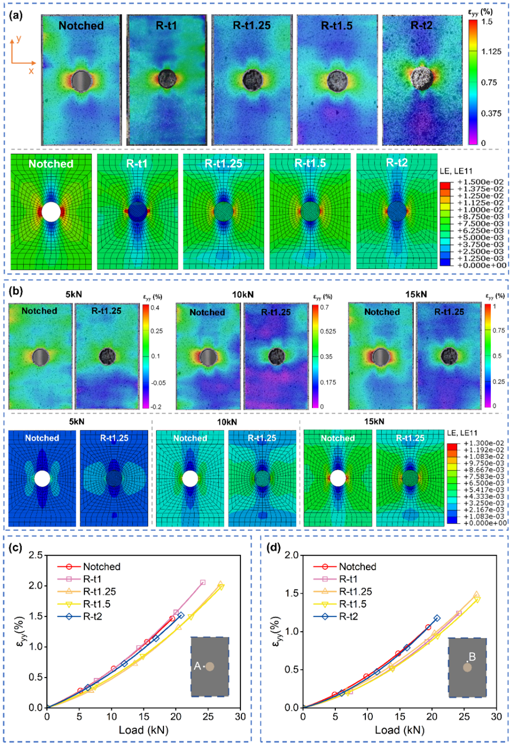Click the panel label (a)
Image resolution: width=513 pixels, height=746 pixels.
pos(16,15)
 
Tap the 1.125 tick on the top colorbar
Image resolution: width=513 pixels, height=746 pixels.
pos(491,52)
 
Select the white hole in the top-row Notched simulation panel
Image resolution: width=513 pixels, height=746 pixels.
pos(51,212)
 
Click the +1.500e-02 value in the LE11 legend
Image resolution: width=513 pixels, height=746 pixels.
pos(473,182)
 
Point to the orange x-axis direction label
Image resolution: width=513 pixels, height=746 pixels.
pos(31,71)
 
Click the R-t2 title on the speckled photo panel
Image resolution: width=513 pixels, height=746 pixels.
pos(421,25)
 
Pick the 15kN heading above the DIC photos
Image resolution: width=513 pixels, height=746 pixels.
pos(416,294)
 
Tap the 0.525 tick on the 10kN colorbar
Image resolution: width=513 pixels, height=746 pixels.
pos(328,331)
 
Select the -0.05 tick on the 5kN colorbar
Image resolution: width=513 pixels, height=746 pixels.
pos(158,383)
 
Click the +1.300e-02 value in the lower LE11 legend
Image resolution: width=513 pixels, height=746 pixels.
pos(476,444)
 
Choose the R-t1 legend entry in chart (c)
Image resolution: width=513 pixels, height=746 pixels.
pos(92,579)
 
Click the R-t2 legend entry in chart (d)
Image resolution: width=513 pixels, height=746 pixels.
pos(349,616)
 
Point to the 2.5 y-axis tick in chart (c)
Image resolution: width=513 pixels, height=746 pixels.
pos(36,555)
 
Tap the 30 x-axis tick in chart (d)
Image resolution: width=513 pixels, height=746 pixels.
pos(496,716)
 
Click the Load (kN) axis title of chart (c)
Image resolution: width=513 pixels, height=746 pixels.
pos(143,730)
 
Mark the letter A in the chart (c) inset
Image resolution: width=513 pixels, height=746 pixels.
pos(197,666)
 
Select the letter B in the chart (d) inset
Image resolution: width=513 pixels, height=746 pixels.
pos(472,657)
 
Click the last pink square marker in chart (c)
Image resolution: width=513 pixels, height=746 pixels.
pos(203,582)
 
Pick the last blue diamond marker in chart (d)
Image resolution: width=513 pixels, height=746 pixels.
pos(437,618)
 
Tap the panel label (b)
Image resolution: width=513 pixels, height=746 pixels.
pos(16,290)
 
